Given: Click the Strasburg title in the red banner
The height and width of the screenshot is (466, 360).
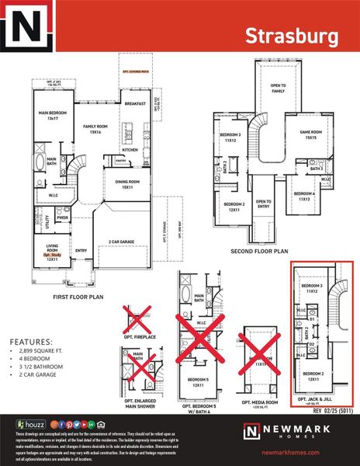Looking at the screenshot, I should point(292,36).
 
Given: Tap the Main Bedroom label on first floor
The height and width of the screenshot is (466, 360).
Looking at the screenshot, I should point(54,114).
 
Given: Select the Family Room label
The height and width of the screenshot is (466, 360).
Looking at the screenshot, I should point(95,129).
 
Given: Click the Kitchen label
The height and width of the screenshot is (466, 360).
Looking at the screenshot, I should point(130,150).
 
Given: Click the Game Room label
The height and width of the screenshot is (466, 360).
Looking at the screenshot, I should point(310,134).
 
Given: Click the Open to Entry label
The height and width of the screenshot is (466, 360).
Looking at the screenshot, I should point(263,204).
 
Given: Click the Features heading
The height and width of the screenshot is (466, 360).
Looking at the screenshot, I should point(31,342).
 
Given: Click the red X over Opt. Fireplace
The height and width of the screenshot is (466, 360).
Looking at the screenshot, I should point(137,320).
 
